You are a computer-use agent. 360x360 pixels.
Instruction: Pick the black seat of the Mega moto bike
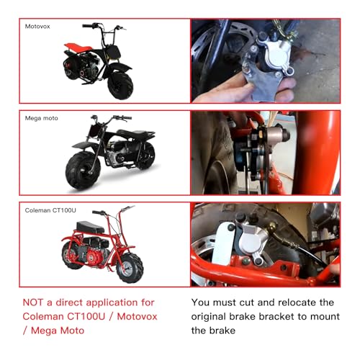[137, 133]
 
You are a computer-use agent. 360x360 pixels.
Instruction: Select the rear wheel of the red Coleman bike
[72, 255]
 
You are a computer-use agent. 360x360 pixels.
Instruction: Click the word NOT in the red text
[33, 303]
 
